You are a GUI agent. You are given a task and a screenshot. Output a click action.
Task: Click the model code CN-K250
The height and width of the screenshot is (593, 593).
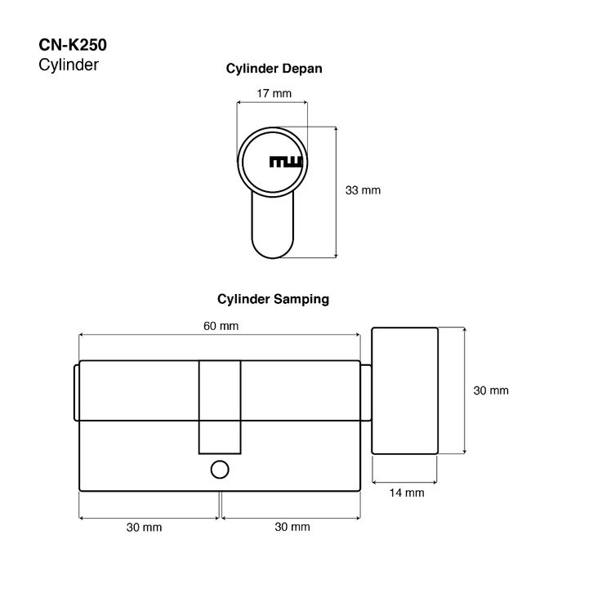(73, 47)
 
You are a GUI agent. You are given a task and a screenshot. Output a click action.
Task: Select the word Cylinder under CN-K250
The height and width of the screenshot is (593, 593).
(69, 65)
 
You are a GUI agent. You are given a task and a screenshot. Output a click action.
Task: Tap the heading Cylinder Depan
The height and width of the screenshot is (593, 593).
(274, 69)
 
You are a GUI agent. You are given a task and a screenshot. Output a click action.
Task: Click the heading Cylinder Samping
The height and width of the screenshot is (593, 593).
(273, 299)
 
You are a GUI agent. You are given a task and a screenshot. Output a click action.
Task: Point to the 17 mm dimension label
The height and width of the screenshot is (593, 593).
(274, 93)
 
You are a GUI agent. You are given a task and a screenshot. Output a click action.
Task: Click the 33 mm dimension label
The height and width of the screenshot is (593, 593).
(363, 190)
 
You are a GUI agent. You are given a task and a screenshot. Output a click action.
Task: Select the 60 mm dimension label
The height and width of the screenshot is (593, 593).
(221, 326)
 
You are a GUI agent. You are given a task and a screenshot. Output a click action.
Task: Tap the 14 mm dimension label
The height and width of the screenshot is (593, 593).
(407, 493)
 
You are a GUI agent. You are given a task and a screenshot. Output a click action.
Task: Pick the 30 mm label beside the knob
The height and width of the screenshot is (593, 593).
(491, 390)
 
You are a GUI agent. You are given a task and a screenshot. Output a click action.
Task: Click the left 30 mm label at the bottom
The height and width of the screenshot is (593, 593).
(144, 527)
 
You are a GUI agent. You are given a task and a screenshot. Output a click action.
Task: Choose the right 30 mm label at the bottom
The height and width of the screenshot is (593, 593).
(292, 527)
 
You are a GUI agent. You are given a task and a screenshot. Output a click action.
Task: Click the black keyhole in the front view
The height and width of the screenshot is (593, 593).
(286, 162)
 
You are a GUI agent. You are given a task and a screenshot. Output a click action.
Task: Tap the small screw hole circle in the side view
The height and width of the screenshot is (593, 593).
(219, 470)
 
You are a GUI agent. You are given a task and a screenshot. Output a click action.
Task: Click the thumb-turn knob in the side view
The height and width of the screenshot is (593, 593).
(405, 390)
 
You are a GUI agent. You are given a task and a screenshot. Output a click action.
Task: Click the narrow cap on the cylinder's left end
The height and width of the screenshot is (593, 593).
(76, 393)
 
